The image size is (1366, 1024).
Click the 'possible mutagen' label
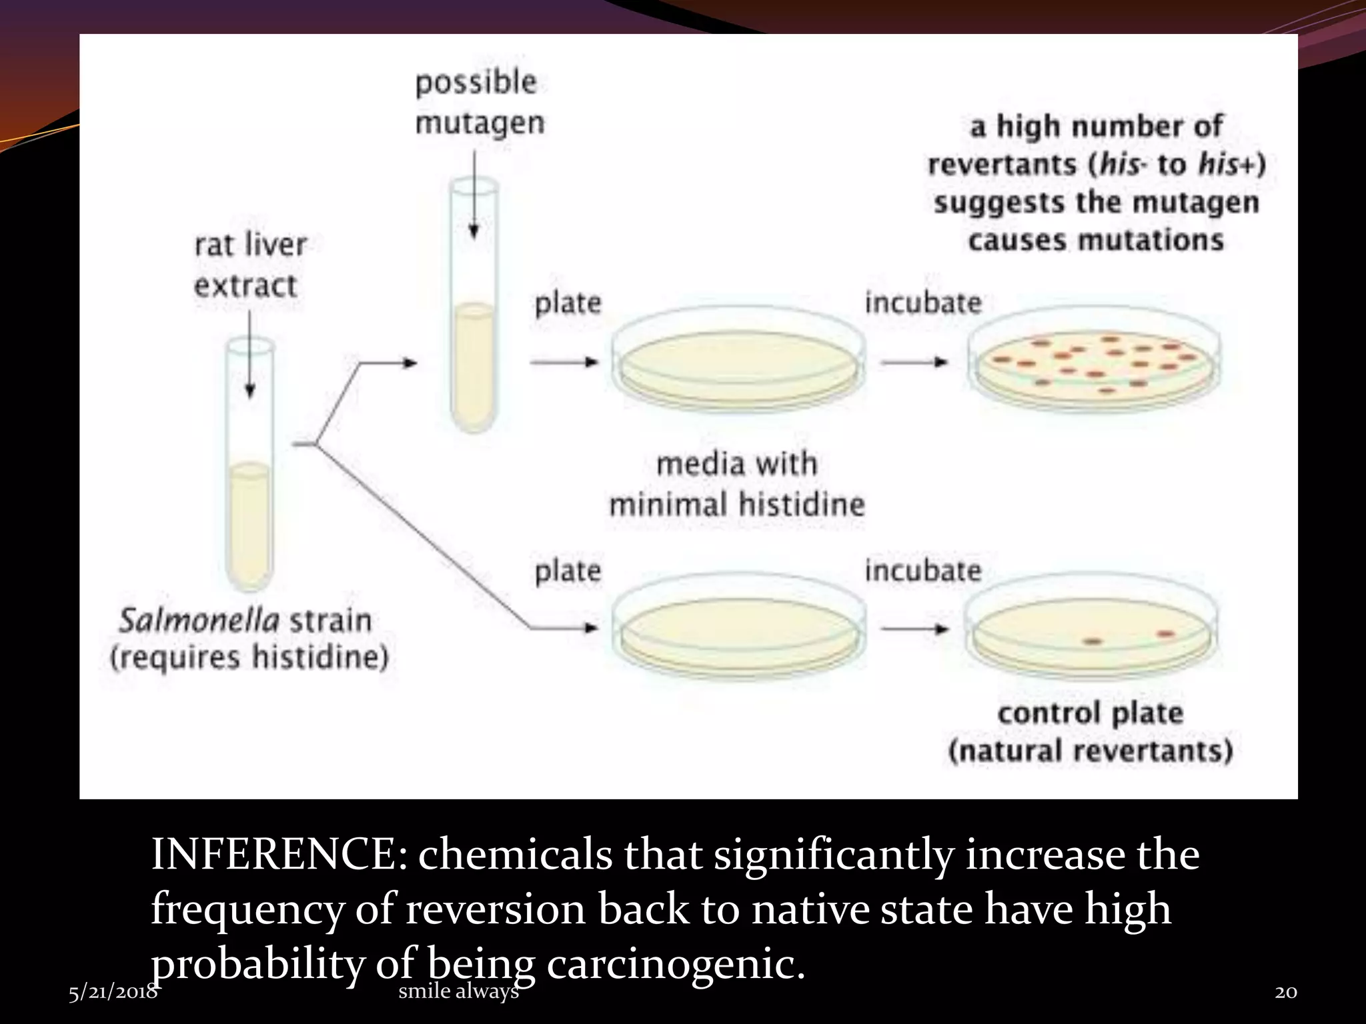479,103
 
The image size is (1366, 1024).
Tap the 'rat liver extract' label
249,265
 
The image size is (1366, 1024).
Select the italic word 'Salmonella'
199,621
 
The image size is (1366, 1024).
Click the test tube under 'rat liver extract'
250,467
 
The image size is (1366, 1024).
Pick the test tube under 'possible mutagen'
474,307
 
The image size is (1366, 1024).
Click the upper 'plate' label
568,303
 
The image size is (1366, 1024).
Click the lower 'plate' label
568,571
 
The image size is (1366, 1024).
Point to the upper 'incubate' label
923,303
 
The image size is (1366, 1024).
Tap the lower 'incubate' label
923,571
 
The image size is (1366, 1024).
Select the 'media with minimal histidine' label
737,484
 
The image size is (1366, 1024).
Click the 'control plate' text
1091,713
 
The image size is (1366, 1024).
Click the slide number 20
1286,992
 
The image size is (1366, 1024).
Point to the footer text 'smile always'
458,991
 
